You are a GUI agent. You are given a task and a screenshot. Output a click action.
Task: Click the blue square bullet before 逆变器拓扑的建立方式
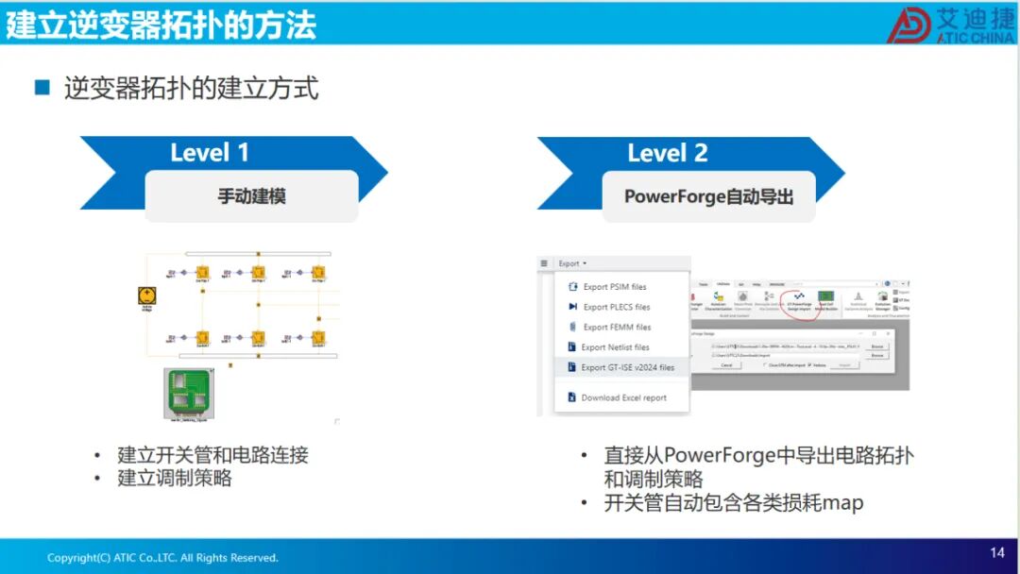click(x=42, y=88)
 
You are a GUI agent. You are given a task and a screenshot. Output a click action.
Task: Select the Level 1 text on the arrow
click(x=210, y=153)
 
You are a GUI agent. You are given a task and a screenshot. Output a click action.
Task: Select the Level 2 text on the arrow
click(x=668, y=153)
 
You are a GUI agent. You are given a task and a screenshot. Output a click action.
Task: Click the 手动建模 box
click(x=251, y=196)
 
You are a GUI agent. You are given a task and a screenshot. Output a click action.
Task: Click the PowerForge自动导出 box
click(x=708, y=196)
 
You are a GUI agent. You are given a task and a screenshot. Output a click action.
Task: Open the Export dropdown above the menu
click(x=572, y=263)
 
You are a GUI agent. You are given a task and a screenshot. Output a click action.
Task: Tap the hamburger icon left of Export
click(x=544, y=263)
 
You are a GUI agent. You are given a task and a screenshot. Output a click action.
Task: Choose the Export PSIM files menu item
click(x=614, y=287)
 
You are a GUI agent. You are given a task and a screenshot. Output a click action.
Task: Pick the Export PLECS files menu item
click(x=616, y=307)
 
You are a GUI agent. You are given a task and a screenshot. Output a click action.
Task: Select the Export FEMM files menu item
click(x=616, y=327)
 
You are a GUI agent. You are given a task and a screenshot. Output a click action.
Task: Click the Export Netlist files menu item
click(x=615, y=347)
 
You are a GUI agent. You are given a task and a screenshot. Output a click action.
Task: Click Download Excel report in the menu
click(x=623, y=397)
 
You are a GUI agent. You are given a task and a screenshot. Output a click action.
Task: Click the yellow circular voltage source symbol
click(x=146, y=296)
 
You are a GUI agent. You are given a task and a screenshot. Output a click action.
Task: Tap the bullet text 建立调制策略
click(x=175, y=479)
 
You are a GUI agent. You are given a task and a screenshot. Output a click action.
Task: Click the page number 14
click(x=997, y=553)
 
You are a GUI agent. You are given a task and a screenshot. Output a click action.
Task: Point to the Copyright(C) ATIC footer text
click(x=162, y=558)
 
